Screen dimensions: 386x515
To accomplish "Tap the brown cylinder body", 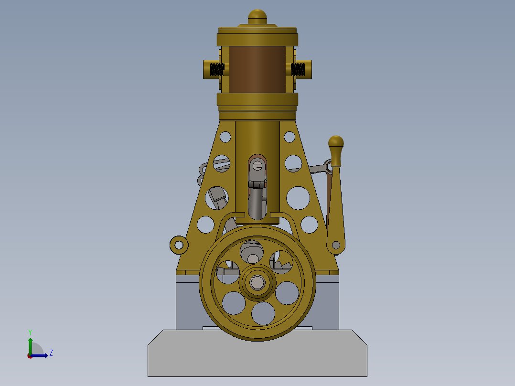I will [257, 69].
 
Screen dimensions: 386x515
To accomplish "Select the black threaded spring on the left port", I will [217, 69].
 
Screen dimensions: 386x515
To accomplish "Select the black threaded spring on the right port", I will [298, 69].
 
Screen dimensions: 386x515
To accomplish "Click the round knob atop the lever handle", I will [336, 142].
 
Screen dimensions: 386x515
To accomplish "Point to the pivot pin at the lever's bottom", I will [336, 245].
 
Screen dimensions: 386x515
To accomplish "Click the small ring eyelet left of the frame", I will [179, 245].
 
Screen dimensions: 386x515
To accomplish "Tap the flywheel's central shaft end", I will [257, 283].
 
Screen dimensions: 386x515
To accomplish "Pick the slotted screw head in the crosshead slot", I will [258, 166].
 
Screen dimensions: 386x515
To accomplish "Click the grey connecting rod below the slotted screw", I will [257, 203].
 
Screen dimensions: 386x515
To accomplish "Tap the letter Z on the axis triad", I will [51, 353].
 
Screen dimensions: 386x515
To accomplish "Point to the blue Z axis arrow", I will [41, 355].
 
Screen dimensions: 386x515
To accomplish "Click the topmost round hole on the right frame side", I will [290, 137].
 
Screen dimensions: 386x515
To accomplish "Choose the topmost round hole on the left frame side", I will [225, 137].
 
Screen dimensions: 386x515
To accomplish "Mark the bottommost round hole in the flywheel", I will [263, 313].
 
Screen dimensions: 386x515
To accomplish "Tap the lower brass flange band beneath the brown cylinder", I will [257, 99].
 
